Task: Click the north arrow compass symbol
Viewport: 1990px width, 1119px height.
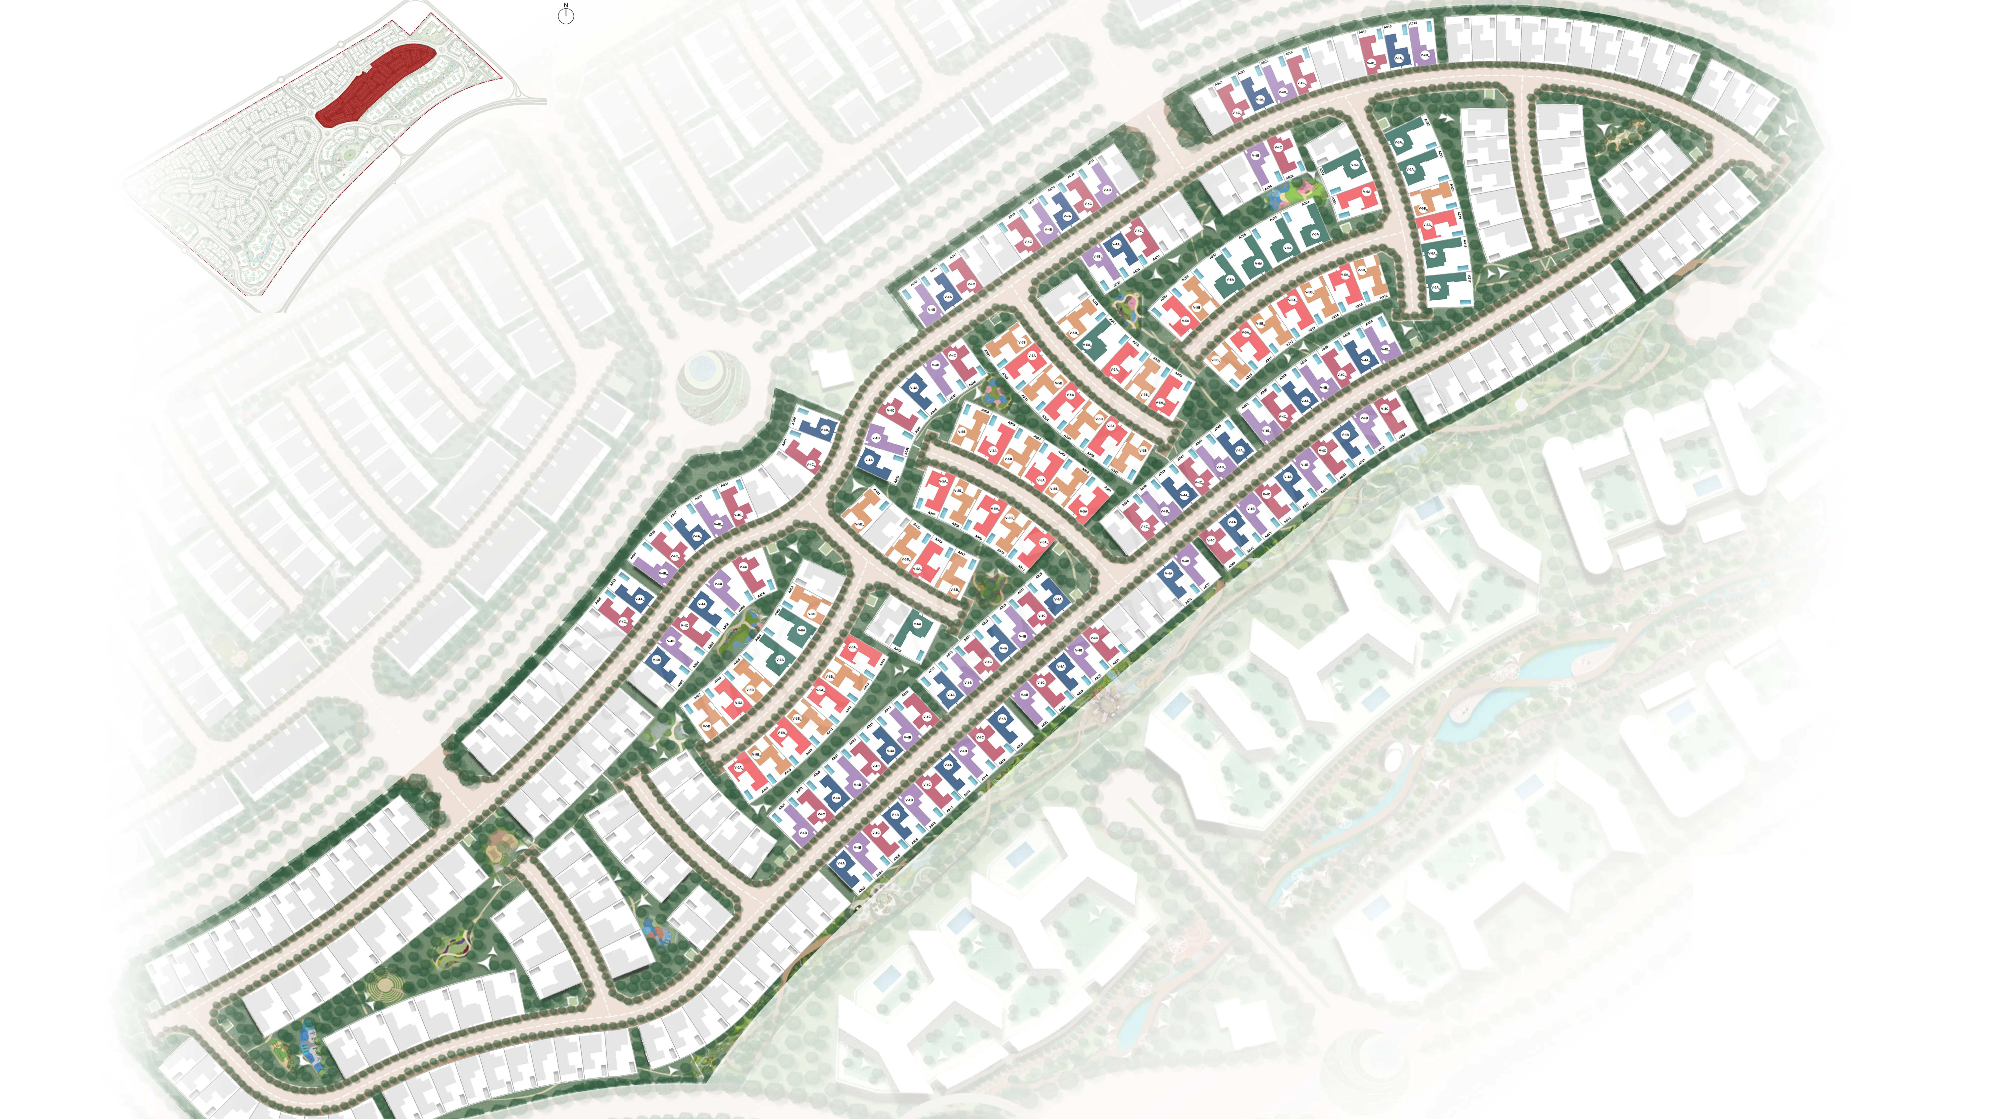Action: (565, 15)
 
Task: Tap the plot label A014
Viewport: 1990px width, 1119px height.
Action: (1413, 24)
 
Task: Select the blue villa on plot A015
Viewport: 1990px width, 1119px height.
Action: (1397, 51)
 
